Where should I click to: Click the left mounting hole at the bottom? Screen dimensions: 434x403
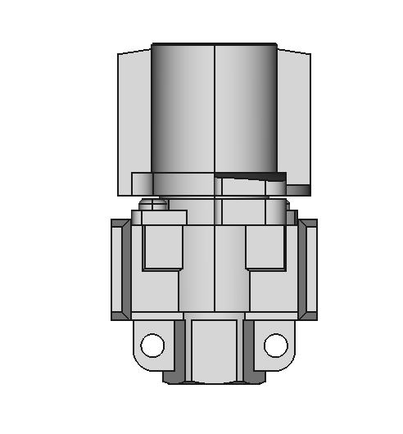coord(152,346)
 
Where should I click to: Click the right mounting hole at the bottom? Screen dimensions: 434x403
coord(275,346)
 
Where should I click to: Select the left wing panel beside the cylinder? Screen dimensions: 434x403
coord(134,123)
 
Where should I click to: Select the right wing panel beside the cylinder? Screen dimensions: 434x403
coord(293,123)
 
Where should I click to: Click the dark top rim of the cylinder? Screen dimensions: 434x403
coord(214,44)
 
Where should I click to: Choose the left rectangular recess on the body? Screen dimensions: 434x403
coord(161,247)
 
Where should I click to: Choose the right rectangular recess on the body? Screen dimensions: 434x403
coord(266,247)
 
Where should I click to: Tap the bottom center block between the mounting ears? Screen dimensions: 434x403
coord(214,348)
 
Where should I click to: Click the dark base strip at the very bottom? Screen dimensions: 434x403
coord(214,381)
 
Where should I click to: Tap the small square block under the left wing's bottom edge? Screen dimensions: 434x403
coord(142,184)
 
